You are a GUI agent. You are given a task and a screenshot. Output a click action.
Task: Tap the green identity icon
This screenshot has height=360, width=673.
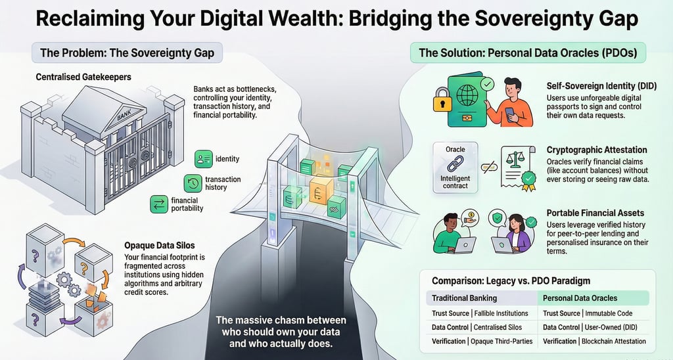[204, 159]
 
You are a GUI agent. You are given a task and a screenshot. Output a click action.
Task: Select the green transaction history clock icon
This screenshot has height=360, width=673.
[193, 183]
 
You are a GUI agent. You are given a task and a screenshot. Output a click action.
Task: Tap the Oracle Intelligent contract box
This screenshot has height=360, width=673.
[455, 168]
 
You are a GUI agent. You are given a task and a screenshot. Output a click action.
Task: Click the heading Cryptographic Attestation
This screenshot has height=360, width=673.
[597, 150]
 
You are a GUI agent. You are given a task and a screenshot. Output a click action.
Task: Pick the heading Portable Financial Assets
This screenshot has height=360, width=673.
[595, 214]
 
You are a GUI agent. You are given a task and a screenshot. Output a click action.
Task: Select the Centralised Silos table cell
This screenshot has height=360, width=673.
[502, 326]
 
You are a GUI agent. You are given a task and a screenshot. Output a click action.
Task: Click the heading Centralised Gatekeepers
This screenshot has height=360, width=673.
[83, 78]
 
